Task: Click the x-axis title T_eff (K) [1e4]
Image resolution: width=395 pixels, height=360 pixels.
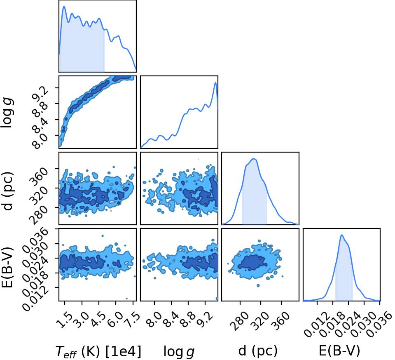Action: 98,351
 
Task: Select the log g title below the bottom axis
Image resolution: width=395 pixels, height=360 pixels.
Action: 179,351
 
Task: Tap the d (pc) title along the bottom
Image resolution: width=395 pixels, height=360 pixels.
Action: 258,351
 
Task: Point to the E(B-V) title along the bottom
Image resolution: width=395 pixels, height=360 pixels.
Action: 339,351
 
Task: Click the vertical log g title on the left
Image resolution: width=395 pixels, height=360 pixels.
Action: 7,113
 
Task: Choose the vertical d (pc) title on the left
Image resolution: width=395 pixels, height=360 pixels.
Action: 7,191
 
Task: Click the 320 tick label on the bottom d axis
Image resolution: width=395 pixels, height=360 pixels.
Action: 259,321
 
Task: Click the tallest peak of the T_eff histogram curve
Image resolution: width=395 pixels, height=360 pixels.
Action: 64,6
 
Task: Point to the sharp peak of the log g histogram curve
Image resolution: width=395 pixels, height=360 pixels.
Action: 215,82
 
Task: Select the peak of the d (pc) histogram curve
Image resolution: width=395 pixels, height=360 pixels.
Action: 254,159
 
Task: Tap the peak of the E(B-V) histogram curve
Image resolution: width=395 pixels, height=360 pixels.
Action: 342,235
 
